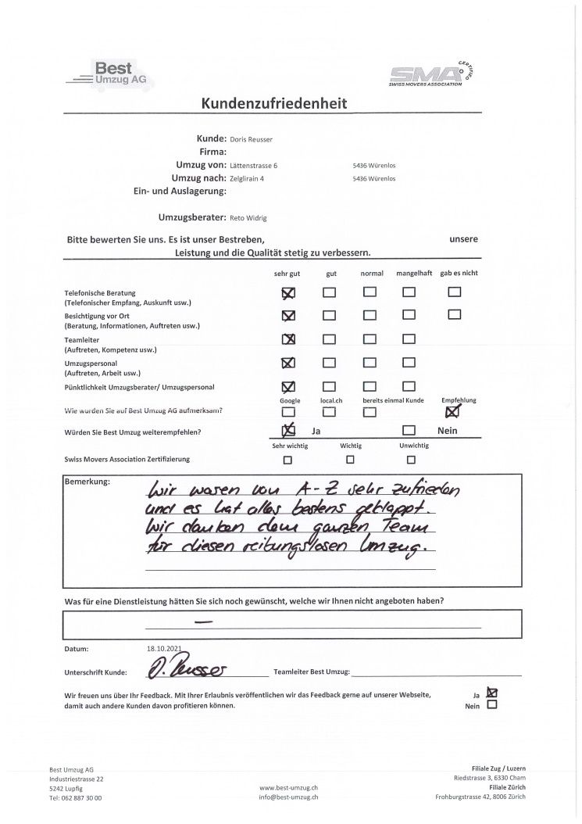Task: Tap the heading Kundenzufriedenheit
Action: tap(274, 103)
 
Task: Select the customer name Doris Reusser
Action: tap(252, 139)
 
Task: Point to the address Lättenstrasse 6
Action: tap(254, 166)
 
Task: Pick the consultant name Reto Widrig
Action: tap(248, 218)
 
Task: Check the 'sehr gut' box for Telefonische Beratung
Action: tap(288, 292)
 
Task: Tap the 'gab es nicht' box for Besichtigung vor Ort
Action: tap(455, 315)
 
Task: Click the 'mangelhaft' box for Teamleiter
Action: tap(409, 339)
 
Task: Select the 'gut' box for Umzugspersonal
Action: tap(330, 363)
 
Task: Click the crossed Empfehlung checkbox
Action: tap(452, 412)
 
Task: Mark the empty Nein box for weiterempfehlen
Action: tap(409, 431)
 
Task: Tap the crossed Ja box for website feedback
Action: tap(491, 692)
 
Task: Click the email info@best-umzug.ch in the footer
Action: tap(288, 797)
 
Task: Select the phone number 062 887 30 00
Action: tap(80, 797)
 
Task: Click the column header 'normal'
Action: tap(372, 274)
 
